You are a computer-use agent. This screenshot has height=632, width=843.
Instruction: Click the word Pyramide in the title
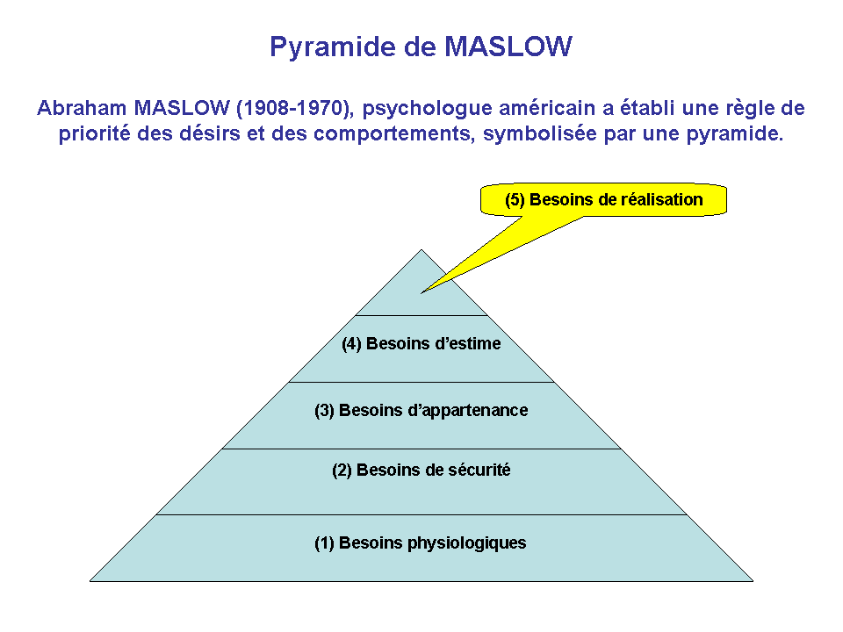click(333, 47)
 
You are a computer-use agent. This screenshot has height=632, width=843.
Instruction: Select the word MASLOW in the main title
click(508, 47)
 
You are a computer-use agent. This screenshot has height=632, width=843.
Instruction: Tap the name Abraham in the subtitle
click(82, 108)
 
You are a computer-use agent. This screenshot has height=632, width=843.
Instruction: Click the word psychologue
click(427, 110)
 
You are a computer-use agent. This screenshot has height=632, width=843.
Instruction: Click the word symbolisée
click(540, 134)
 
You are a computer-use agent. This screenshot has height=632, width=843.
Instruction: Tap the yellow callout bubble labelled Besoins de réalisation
click(603, 200)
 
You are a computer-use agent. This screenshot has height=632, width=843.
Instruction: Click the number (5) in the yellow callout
click(515, 200)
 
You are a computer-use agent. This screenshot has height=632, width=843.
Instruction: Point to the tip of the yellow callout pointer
click(421, 293)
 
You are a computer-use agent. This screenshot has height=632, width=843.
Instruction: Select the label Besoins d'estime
click(433, 343)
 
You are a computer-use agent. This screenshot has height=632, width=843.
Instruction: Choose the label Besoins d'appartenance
click(433, 411)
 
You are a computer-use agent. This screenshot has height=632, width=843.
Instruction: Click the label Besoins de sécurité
click(433, 470)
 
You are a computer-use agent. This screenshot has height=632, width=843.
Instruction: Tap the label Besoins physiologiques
click(432, 543)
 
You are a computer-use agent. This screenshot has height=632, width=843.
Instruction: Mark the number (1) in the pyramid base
click(324, 543)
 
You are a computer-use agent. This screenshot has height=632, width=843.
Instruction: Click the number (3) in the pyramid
click(324, 411)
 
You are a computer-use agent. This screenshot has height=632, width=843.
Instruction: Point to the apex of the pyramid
click(421, 249)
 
